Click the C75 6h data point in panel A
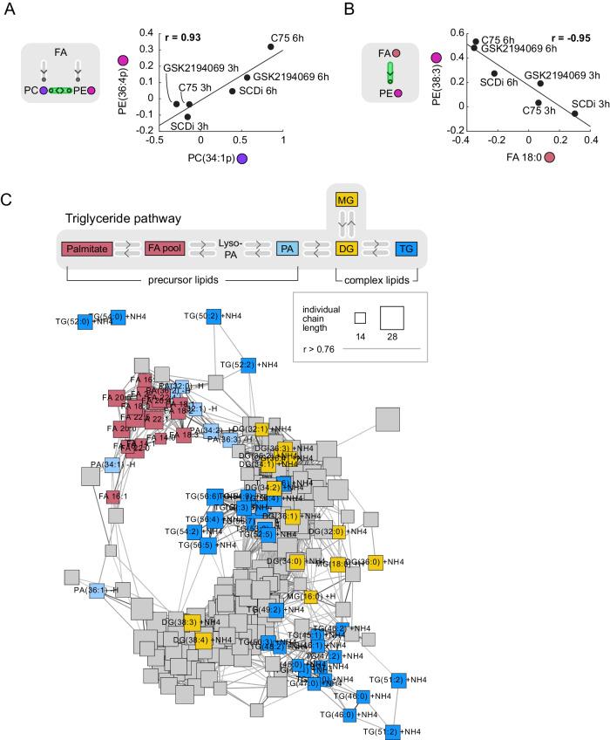point(271,46)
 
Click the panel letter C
point(8,198)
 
